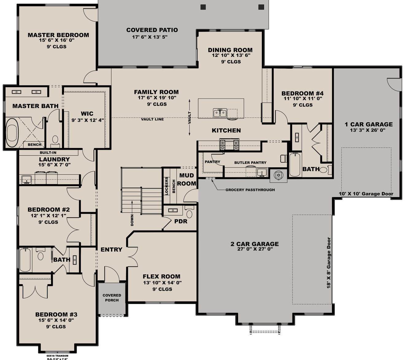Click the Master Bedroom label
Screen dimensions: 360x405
coord(58,35)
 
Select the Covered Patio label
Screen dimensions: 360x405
coord(152,30)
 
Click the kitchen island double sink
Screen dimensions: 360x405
coord(220,113)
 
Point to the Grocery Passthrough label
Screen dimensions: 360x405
coord(250,190)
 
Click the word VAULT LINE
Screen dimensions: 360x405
coord(152,119)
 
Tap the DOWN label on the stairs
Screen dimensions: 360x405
coord(132,220)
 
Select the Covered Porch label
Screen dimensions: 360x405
coord(112,298)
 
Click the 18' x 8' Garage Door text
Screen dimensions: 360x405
coord(329,263)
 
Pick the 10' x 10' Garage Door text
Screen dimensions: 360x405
coord(366,194)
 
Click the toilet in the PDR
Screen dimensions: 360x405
coord(189,214)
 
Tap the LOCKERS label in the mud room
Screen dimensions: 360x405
coord(167,186)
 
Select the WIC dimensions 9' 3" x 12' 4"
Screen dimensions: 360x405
coord(87,120)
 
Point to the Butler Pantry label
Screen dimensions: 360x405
coord(250,163)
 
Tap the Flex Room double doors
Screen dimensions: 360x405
coord(132,253)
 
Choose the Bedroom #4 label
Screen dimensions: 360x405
coord(302,93)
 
